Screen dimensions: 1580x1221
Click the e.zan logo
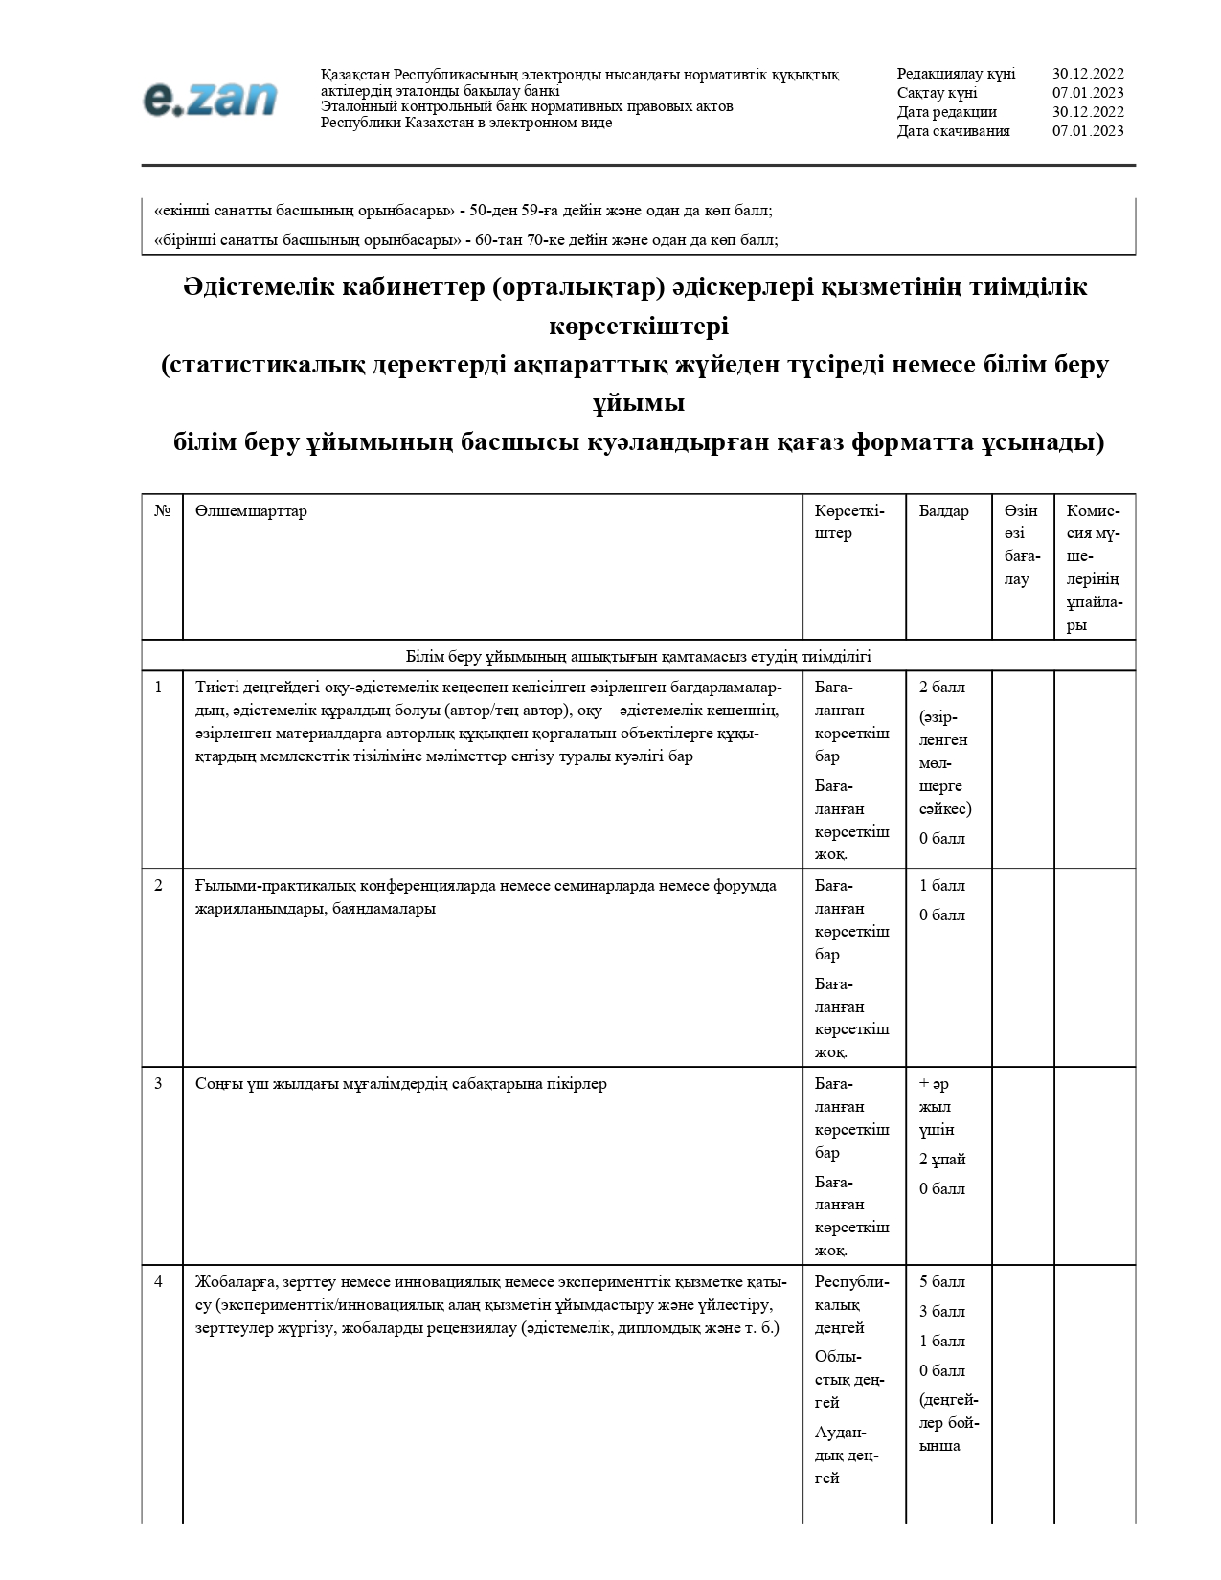(x=210, y=99)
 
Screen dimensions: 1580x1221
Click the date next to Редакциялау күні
(x=1088, y=74)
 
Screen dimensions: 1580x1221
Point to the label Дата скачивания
(x=953, y=131)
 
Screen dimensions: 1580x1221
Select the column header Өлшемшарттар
(x=251, y=511)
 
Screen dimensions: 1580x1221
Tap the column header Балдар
(x=943, y=511)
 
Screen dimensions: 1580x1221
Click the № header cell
(x=162, y=511)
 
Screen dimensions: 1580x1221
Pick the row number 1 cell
(x=159, y=688)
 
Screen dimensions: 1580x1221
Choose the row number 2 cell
(x=159, y=886)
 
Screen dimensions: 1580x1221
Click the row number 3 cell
(x=159, y=1084)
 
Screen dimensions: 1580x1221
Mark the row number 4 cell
(x=159, y=1282)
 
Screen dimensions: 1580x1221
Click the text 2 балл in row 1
(x=942, y=688)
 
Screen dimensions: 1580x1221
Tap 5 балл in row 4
(x=942, y=1282)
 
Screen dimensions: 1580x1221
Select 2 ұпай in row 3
(x=942, y=1160)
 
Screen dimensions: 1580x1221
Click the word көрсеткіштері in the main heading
(x=639, y=327)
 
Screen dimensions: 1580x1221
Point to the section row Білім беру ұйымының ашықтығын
(x=638, y=657)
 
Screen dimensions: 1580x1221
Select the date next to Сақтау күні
(x=1088, y=93)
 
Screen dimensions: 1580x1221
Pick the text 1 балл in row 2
(x=942, y=886)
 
